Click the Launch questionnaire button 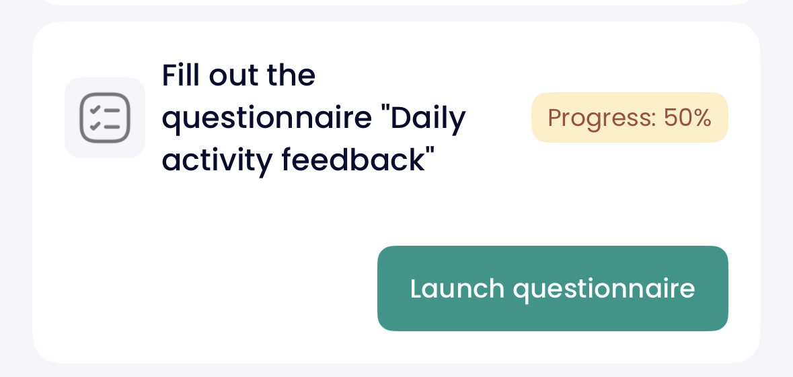[553, 288]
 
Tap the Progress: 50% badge [630, 117]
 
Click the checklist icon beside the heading [105, 118]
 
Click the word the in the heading [291, 75]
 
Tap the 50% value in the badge [687, 118]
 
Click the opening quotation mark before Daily [386, 111]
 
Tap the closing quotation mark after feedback [430, 153]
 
